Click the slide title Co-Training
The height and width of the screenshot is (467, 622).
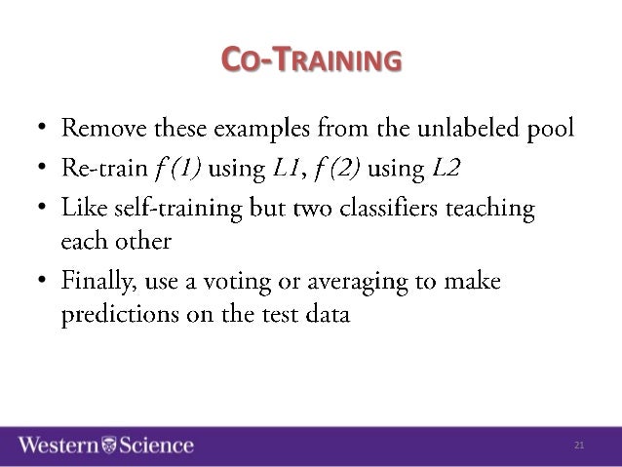click(x=311, y=61)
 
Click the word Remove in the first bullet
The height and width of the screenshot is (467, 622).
click(x=99, y=128)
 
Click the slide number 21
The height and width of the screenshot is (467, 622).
click(x=579, y=446)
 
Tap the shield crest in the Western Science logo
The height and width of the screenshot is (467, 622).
click(x=108, y=446)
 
